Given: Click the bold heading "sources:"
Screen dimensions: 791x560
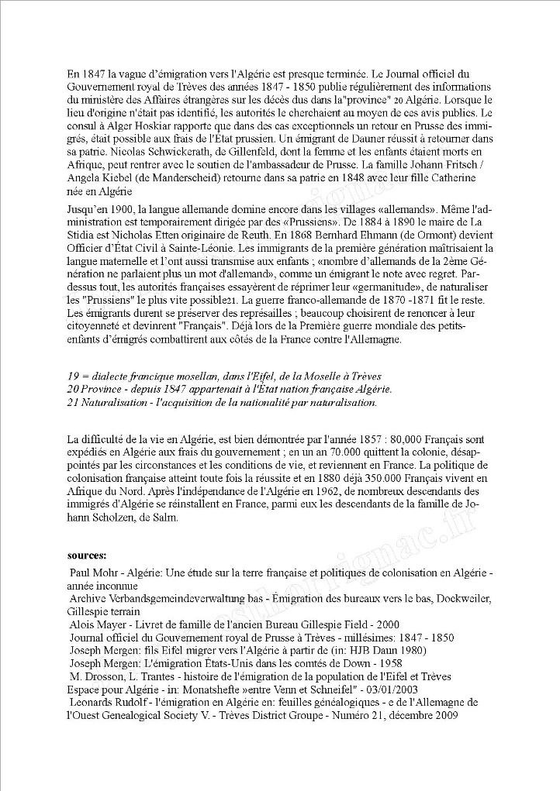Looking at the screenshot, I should coord(87,555).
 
